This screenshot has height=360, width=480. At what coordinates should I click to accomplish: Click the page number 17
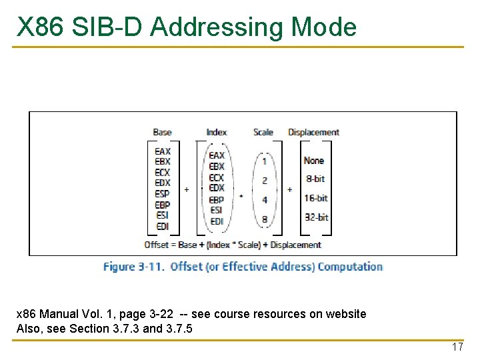[457, 347]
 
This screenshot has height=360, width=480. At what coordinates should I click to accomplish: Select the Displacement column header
[313, 132]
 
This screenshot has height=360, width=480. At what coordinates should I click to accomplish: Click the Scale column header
[263, 132]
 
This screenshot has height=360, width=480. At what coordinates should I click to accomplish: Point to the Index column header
[217, 132]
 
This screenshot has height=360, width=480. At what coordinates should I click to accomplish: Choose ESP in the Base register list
[163, 194]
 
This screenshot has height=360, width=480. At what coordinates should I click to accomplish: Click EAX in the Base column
[163, 151]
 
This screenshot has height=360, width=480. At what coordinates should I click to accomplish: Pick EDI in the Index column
[217, 221]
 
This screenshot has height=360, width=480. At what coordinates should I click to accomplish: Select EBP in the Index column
[217, 199]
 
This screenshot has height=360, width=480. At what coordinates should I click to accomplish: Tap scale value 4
[265, 199]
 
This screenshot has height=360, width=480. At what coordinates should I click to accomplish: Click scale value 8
[265, 219]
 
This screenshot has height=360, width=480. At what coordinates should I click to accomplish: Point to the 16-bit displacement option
[317, 198]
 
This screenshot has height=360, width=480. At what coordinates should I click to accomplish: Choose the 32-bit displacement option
[317, 217]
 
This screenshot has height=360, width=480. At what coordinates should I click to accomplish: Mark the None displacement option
[314, 160]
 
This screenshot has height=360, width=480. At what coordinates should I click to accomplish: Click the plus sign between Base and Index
[187, 189]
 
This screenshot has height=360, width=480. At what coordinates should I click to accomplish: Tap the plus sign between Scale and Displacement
[289, 189]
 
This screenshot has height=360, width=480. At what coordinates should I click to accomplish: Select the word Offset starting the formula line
[156, 245]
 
